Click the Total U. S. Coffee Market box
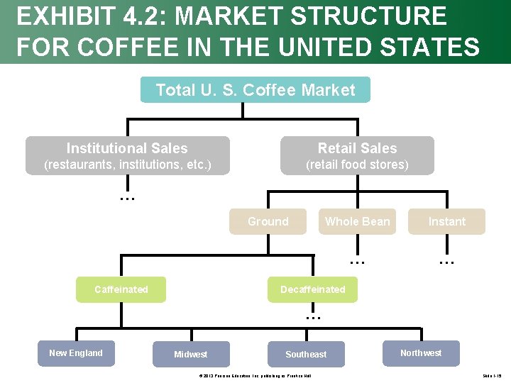(x=255, y=90)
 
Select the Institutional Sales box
(x=128, y=155)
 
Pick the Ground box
(x=268, y=221)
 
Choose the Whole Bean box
(x=357, y=221)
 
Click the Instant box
(x=446, y=221)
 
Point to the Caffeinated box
(x=121, y=289)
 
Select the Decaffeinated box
(x=312, y=289)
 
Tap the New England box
(x=76, y=353)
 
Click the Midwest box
(x=191, y=355)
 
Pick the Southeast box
(x=306, y=355)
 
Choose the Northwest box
(x=421, y=353)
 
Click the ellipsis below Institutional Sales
(x=127, y=198)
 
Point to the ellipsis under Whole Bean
(x=357, y=260)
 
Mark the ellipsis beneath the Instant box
(x=446, y=260)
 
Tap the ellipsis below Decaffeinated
(x=313, y=316)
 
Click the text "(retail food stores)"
(x=357, y=165)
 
